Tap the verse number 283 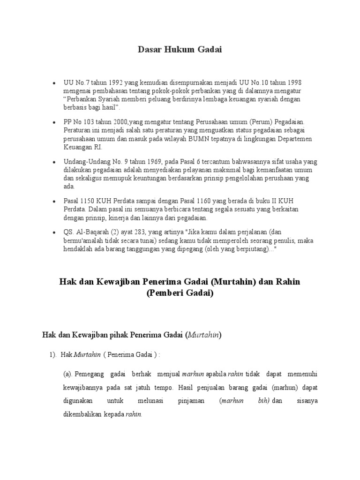[x=132, y=232]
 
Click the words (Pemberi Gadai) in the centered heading [x=180, y=294]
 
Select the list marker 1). [x=53, y=355]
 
